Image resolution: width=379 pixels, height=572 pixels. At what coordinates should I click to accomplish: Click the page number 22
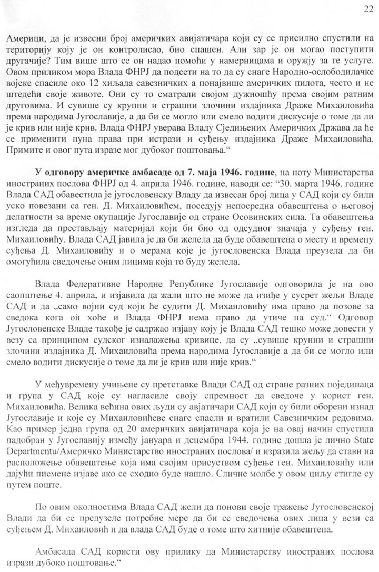(367, 8)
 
